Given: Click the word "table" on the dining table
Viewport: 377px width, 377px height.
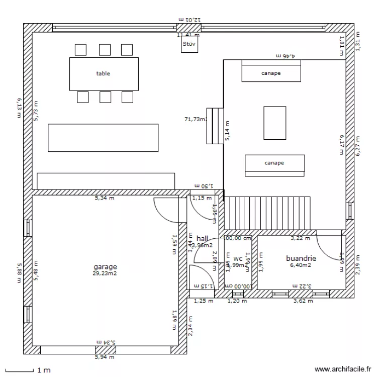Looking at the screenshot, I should [103, 73].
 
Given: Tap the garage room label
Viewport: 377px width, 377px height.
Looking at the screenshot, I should [105, 267].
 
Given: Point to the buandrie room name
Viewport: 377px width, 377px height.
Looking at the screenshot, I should [301, 258].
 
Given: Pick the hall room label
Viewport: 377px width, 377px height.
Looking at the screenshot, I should [203, 238].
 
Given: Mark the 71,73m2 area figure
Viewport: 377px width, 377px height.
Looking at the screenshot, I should [196, 119].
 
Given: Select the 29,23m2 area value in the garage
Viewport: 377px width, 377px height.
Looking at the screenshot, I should [105, 273].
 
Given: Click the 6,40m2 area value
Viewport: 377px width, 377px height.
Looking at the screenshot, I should [301, 265].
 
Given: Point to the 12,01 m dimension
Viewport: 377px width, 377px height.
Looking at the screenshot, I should [189, 19].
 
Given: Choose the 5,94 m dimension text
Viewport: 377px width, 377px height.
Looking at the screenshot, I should [105, 357].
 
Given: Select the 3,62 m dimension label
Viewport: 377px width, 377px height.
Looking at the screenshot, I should [303, 301].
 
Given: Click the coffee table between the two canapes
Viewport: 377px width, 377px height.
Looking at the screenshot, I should [274, 122].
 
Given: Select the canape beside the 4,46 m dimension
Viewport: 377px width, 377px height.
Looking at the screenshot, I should [271, 72].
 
